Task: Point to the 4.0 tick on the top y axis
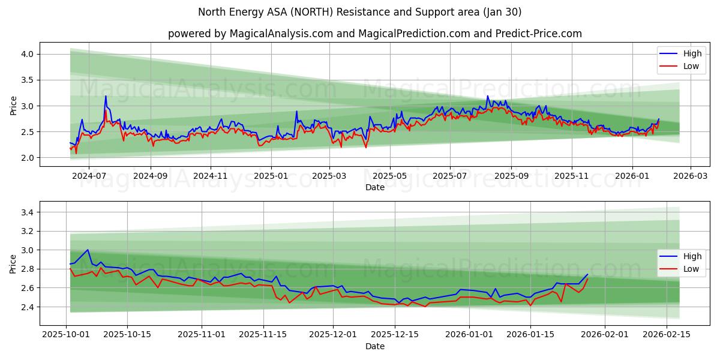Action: point(28,54)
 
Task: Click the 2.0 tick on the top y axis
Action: point(28,158)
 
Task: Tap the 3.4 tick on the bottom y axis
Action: point(28,212)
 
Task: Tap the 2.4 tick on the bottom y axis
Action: point(28,307)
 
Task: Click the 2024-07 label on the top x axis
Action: point(88,176)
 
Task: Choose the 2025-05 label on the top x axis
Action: point(390,176)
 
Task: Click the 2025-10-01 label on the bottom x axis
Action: point(66,335)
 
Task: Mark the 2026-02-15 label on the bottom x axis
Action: point(666,335)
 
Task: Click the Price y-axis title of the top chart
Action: point(13,105)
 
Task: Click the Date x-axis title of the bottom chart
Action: point(374,346)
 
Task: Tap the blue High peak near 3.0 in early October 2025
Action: point(88,250)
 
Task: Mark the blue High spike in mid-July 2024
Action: point(106,96)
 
